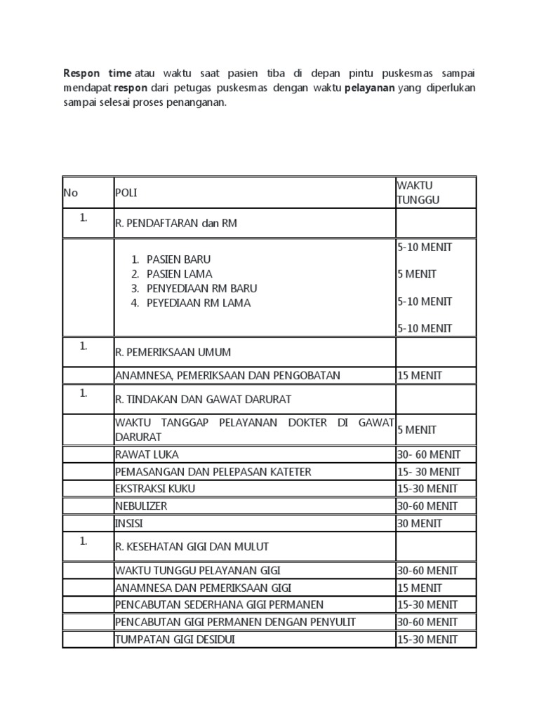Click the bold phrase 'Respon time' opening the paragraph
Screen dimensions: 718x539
click(x=97, y=73)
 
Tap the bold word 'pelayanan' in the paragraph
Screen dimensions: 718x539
click(x=369, y=88)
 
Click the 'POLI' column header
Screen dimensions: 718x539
click(x=126, y=193)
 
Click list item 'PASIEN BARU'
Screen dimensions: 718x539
click(x=178, y=259)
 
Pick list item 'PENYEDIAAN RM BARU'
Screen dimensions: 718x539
click(x=201, y=288)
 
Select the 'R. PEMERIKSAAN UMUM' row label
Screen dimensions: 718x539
click(x=173, y=352)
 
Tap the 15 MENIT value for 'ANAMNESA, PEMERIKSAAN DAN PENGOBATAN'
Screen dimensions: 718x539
click(x=420, y=375)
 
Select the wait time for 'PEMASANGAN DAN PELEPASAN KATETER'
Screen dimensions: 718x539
click(x=428, y=472)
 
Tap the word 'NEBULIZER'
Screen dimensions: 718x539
click(x=141, y=506)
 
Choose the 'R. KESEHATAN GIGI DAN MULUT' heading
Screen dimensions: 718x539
click(x=192, y=546)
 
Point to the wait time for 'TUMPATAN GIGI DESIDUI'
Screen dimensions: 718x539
click(x=427, y=639)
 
